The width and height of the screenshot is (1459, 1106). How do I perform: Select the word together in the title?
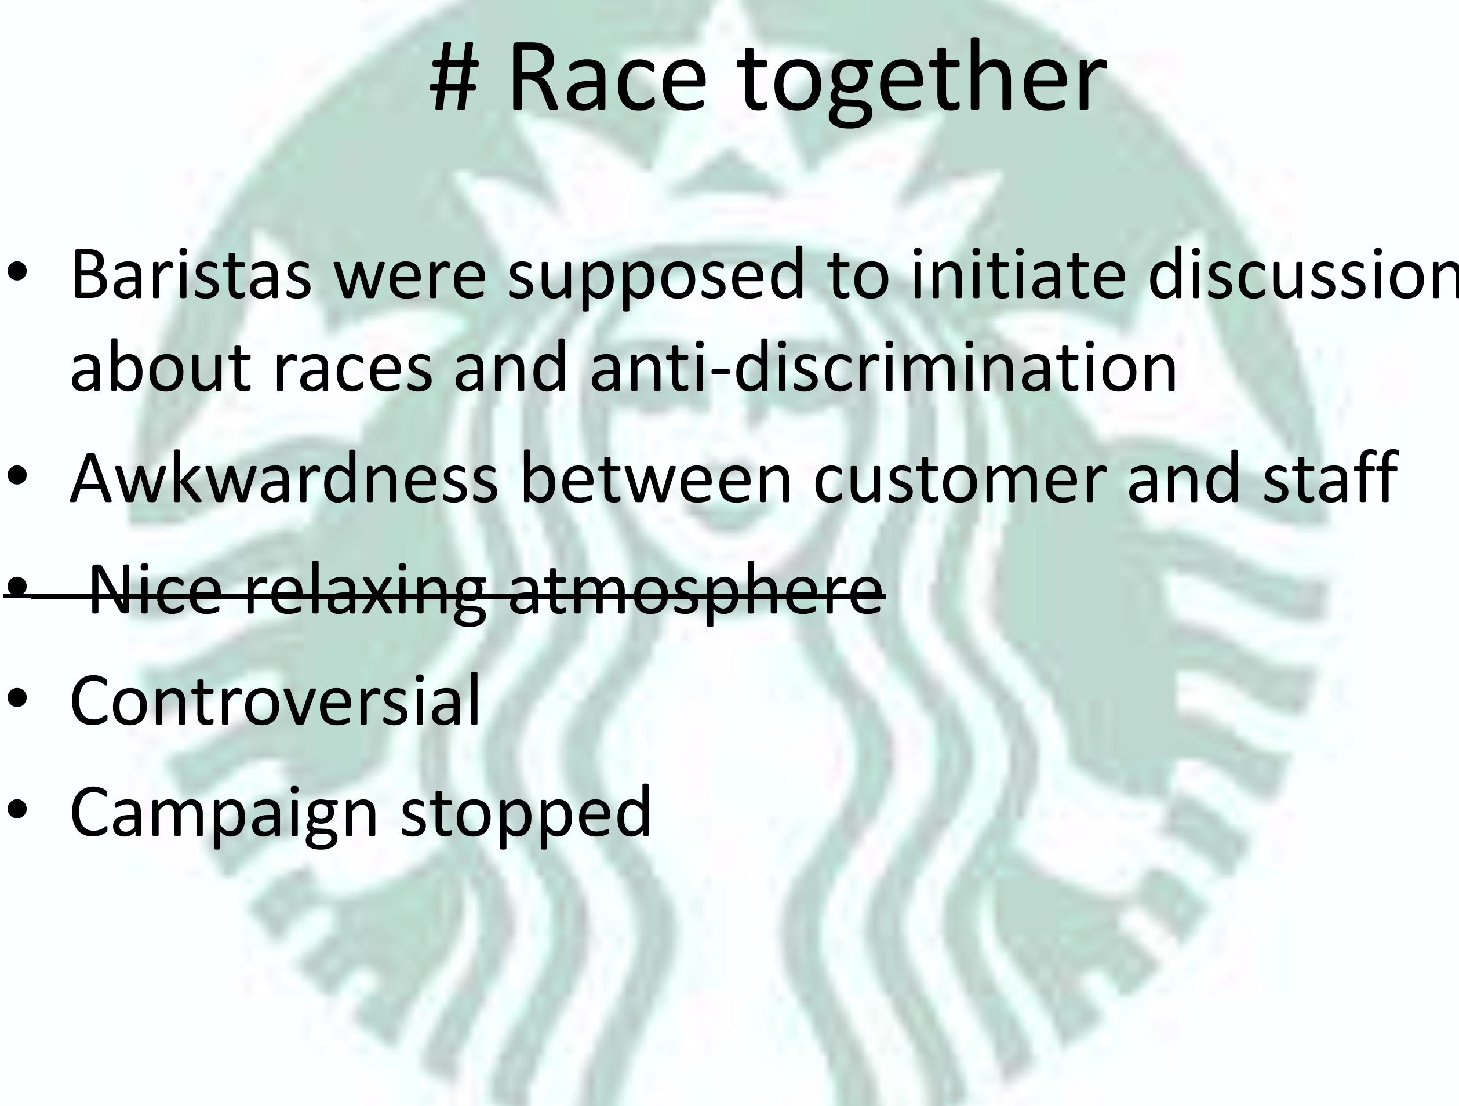(x=920, y=82)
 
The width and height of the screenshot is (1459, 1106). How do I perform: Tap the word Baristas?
(x=191, y=274)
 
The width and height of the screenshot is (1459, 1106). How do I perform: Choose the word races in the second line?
(x=353, y=369)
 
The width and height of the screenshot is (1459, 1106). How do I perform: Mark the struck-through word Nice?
(x=157, y=590)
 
